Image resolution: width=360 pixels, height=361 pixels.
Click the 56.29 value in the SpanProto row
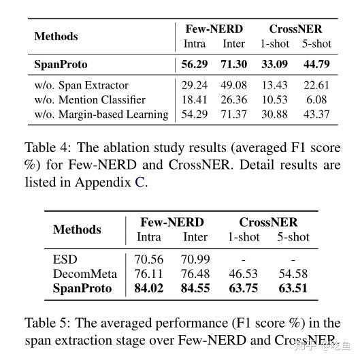click(195, 65)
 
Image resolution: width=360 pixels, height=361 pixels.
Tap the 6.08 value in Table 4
click(316, 99)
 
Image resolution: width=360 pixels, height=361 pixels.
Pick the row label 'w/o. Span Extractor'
click(81, 85)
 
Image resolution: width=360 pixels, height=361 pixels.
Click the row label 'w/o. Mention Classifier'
click(90, 99)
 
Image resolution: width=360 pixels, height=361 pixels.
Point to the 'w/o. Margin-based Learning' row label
click(101, 114)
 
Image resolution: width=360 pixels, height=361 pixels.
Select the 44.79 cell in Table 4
click(316, 65)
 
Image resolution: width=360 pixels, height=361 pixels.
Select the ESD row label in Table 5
click(65, 259)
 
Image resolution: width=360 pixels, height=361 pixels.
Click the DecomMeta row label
click(84, 274)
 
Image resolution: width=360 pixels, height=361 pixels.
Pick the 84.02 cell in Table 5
click(149, 288)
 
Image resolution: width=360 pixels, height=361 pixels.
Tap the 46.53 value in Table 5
click(243, 274)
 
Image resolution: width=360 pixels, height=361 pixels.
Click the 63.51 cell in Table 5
click(293, 288)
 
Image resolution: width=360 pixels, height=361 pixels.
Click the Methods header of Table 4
click(56, 36)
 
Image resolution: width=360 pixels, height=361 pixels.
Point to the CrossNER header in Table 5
click(268, 222)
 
